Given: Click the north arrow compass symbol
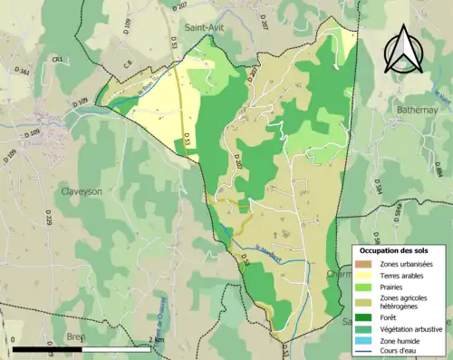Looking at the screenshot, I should coord(404,48).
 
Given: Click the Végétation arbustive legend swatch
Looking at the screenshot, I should coord(365,327).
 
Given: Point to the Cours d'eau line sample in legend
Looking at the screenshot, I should coord(365,351).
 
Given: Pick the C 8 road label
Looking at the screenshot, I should coord(128,63).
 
